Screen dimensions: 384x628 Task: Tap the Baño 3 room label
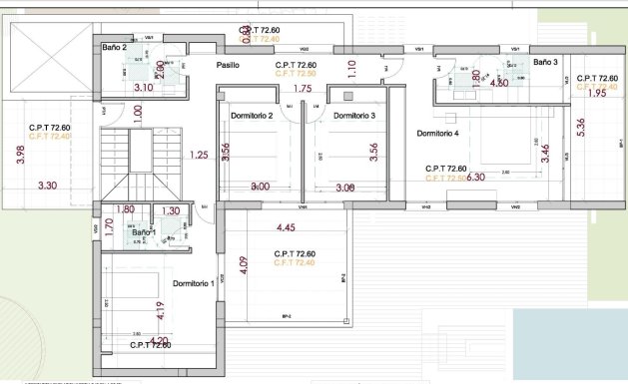coord(545,62)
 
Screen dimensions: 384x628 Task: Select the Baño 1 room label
coord(129,231)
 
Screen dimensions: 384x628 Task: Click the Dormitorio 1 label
coord(193,283)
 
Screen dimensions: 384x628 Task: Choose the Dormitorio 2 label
coord(252,116)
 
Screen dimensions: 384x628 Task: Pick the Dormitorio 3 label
coord(353,116)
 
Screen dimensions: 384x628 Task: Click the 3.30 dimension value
coord(47,186)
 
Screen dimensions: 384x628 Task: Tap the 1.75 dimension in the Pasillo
coord(302,89)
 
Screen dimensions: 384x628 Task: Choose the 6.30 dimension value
coord(476,177)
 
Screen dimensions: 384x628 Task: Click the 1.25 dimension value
coord(198,155)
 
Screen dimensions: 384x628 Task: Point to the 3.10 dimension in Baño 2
coord(143,88)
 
